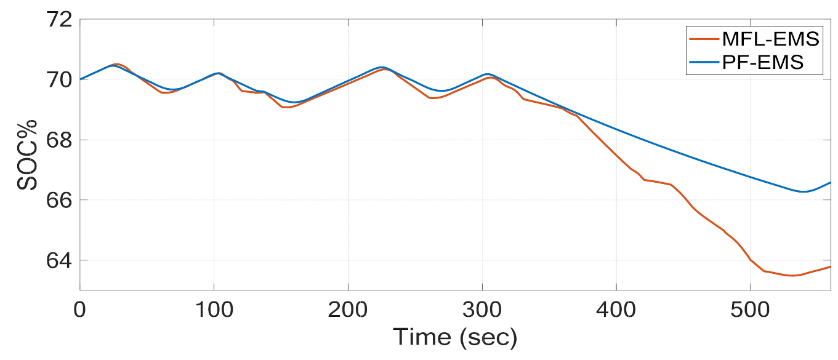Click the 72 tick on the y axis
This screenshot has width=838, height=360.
58,20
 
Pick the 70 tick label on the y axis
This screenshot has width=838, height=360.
58,79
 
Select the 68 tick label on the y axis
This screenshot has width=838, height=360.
58,140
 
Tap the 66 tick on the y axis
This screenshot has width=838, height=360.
58,200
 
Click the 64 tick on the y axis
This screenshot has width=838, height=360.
58,260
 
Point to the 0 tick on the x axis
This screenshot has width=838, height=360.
79,307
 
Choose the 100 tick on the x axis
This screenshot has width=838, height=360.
214,307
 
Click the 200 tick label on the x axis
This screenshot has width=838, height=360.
348,307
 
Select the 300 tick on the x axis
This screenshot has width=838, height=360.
482,307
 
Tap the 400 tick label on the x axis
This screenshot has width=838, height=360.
616,307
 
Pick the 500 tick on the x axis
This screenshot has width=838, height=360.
751,307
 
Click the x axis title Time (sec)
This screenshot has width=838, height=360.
455,337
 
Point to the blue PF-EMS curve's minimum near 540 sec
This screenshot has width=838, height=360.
804,191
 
